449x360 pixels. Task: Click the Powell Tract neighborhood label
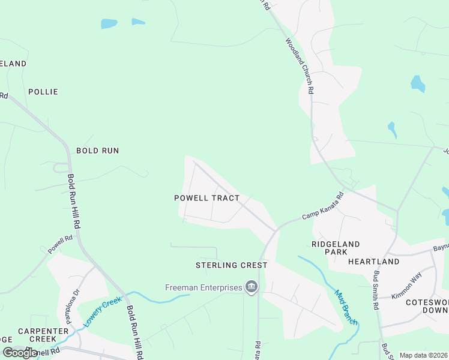coord(206,198)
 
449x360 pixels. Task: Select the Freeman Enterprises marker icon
coord(252,288)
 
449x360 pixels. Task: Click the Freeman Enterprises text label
coord(203,288)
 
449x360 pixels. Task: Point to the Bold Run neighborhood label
coord(97,151)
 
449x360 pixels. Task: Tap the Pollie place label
coord(43,92)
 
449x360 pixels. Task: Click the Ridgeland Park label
coord(336,248)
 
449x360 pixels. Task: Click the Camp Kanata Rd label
coord(322,206)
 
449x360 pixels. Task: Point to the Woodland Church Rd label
coord(300,66)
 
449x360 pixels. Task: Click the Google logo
coord(20,353)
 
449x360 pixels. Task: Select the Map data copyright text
coord(424,355)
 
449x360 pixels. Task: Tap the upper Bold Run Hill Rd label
coord(74,202)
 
